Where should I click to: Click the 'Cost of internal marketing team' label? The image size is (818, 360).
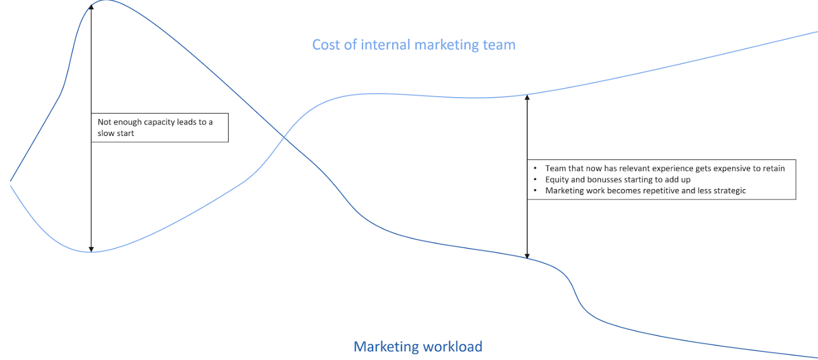coord(413,45)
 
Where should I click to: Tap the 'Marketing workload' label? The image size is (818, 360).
coord(418,346)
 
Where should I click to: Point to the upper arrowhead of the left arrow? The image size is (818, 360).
coord(91,7)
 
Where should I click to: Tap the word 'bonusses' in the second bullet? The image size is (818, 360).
coord(606,179)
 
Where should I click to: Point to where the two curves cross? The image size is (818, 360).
coord(284,137)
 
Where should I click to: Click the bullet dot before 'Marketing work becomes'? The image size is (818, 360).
coord(535,191)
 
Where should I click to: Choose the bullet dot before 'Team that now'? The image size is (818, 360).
coord(535,169)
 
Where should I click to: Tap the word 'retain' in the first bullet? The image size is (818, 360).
coord(773,169)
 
